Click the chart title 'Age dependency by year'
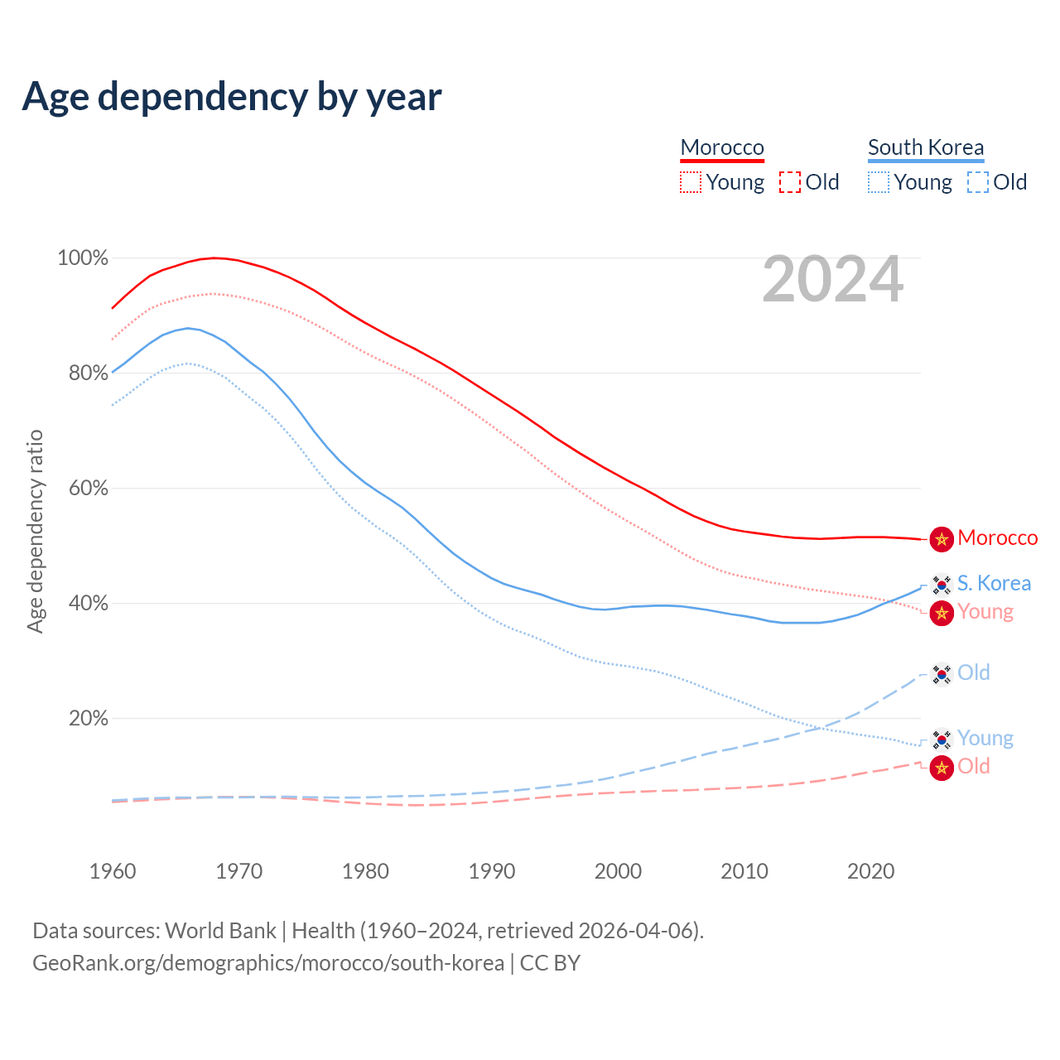(x=232, y=96)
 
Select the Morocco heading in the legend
(x=722, y=147)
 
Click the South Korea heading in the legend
(x=926, y=147)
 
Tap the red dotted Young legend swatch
(x=691, y=182)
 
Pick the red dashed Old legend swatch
(x=790, y=182)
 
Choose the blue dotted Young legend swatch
(x=879, y=182)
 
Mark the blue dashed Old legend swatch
(x=978, y=182)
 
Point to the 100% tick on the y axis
(x=83, y=258)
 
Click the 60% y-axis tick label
(x=88, y=489)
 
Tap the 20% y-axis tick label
(x=88, y=719)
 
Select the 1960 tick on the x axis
(x=113, y=871)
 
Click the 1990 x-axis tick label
(x=492, y=871)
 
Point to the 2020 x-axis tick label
(x=871, y=871)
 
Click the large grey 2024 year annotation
(x=832, y=280)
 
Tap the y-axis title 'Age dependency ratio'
(x=35, y=531)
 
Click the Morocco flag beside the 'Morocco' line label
(x=942, y=539)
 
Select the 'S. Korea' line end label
(x=994, y=584)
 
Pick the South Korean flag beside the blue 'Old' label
(x=942, y=674)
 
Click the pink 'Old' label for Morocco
(x=974, y=767)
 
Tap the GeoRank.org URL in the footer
(x=268, y=963)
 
